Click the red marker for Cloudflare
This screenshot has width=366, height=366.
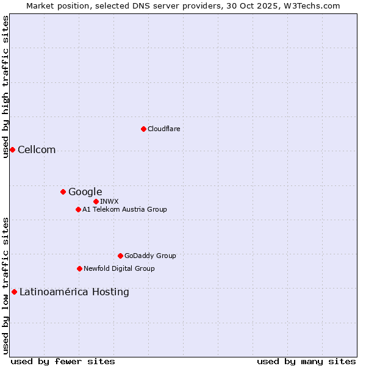coord(143,129)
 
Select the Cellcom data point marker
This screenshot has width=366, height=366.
coord(12,149)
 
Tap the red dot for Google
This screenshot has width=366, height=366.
coord(63,192)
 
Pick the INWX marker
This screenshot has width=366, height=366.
coord(96,201)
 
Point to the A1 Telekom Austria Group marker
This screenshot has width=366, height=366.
coord(78,209)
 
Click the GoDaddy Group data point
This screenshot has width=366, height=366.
coord(120,256)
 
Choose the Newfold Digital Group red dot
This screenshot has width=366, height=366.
coord(79,268)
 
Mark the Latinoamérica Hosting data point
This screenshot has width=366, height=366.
coord(14,292)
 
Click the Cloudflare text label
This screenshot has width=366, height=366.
coord(164,129)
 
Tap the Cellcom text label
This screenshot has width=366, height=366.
coord(37,150)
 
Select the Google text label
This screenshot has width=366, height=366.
coord(85,192)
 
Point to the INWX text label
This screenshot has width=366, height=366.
coord(110,201)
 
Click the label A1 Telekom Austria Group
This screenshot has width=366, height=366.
coord(124,209)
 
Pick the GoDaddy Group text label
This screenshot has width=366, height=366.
coord(150,256)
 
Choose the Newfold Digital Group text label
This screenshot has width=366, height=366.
coord(119,268)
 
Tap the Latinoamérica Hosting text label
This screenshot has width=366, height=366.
coord(74,292)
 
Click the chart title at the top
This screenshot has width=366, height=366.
coord(183,5)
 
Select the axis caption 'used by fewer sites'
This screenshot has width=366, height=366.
coord(63,361)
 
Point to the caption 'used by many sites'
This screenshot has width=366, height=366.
coord(306,361)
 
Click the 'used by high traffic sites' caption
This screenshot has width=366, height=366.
coord(5,87)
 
